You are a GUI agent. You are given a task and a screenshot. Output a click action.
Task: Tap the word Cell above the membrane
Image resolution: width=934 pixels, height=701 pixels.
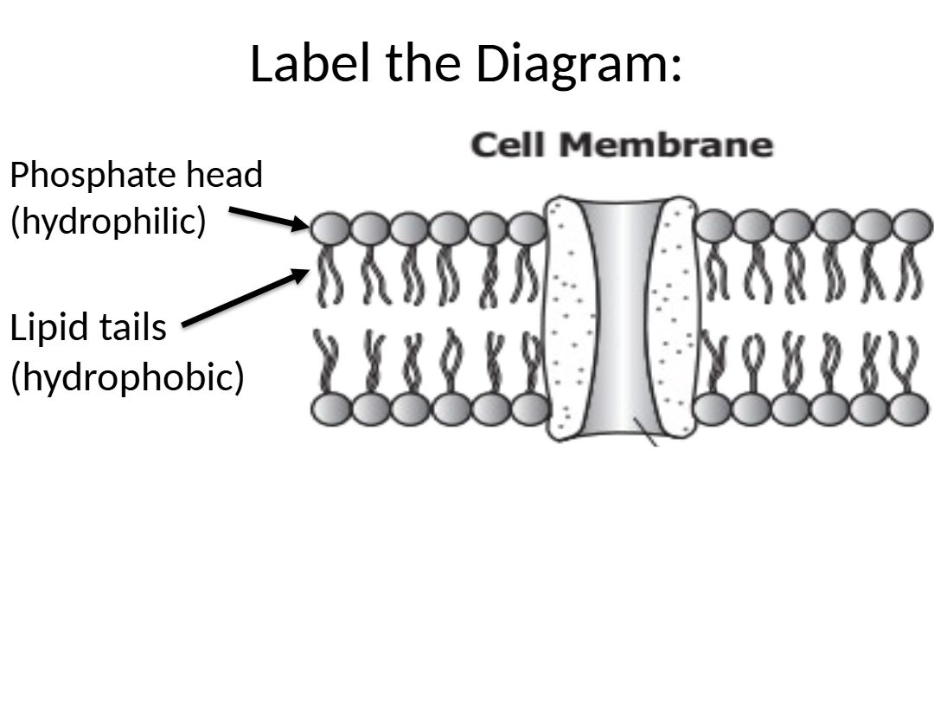509,145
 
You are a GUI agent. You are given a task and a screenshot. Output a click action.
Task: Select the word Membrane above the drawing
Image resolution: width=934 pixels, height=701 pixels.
666,145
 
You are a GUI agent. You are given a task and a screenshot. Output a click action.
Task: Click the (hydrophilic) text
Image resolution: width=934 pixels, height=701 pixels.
108,222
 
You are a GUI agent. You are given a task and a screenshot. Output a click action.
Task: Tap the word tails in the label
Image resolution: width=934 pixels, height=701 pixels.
129,329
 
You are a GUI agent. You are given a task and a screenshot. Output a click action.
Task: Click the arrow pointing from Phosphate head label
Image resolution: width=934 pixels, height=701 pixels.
267,218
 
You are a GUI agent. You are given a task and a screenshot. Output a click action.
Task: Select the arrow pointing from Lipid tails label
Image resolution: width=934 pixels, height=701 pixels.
246,299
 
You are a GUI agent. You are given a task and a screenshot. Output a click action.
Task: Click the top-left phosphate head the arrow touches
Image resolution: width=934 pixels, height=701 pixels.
329,229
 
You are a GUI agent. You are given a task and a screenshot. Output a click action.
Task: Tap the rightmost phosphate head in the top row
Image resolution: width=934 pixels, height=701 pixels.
912,228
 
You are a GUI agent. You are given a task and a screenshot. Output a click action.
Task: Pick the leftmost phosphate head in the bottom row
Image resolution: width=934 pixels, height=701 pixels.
329,409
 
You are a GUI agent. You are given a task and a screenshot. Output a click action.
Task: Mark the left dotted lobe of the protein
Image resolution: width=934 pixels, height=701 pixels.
567,320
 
